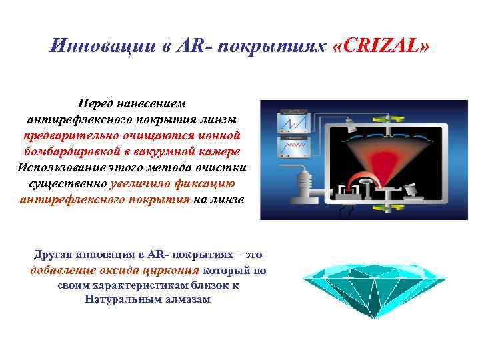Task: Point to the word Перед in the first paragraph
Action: click(x=97, y=105)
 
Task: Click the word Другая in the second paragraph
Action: click(x=53, y=255)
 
